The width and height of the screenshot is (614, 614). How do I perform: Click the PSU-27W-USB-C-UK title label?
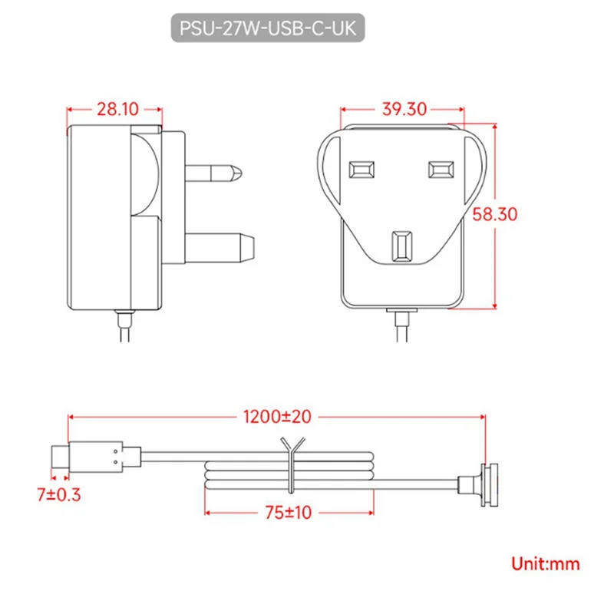click(x=267, y=28)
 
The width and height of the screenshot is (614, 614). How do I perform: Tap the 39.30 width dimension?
click(x=403, y=110)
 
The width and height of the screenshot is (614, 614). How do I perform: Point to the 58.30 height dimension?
click(x=494, y=215)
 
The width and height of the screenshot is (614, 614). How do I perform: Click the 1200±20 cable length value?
click(x=277, y=418)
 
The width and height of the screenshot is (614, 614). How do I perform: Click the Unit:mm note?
click(x=546, y=564)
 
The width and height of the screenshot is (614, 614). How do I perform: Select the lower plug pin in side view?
click(x=219, y=245)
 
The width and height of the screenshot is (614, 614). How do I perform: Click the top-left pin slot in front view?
click(x=361, y=169)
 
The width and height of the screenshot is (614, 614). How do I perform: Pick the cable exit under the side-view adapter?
click(x=124, y=316)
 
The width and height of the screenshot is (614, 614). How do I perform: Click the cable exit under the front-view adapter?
click(x=401, y=316)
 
